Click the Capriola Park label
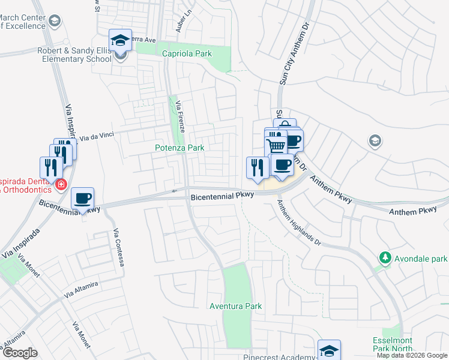(x=187, y=54)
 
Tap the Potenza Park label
(x=179, y=148)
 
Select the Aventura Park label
(x=235, y=306)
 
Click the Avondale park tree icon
(x=384, y=258)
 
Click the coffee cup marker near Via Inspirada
(x=82, y=198)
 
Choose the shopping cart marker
(x=276, y=146)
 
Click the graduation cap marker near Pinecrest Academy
(x=329, y=350)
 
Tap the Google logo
(x=20, y=353)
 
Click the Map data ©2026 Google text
(x=412, y=355)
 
